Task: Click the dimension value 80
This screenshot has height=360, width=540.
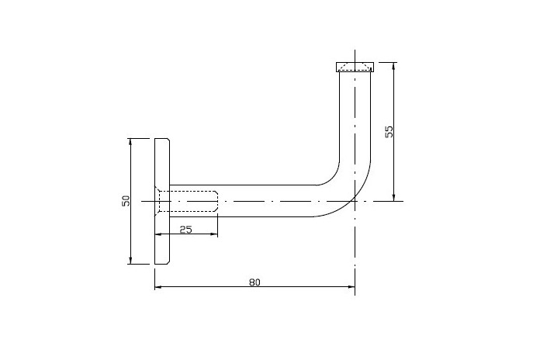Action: (x=254, y=282)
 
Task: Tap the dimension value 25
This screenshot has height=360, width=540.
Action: (x=186, y=229)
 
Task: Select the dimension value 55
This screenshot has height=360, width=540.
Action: (x=389, y=132)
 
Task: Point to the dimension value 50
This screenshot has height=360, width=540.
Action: (x=126, y=201)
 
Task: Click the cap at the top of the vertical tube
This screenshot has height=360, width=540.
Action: (x=355, y=67)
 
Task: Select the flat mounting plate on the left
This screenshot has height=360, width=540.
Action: (x=162, y=201)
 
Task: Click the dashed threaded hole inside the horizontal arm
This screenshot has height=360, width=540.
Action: (x=189, y=201)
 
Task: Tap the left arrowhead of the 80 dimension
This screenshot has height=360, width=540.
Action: (x=158, y=286)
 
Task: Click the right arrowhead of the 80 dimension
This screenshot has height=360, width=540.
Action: (x=351, y=286)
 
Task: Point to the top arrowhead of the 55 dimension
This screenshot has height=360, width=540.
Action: (x=394, y=66)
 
